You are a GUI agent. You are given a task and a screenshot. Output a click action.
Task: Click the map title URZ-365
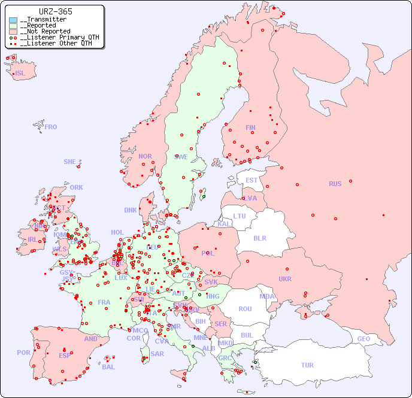55,11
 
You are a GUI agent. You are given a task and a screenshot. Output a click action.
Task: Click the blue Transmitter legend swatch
13,20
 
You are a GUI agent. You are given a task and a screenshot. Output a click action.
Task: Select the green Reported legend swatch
13,26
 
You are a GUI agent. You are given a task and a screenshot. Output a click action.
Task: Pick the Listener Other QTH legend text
56,43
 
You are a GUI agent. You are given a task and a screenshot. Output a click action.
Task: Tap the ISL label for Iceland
20,74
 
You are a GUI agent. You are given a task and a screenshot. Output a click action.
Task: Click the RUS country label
335,184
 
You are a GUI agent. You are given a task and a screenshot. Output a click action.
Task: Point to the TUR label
307,365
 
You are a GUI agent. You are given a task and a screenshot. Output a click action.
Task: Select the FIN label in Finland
250,127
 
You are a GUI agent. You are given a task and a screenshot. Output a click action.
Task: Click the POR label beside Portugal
23,353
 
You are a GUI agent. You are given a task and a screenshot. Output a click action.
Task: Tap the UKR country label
285,279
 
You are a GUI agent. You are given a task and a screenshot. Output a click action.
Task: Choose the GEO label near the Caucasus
363,339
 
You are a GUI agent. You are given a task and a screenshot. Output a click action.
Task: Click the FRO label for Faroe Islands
50,127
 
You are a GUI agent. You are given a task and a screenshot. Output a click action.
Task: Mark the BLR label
259,238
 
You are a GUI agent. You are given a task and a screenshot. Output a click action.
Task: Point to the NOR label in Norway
145,156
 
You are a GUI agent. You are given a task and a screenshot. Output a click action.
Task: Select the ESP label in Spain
65,356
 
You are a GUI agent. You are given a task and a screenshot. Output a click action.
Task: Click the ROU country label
245,309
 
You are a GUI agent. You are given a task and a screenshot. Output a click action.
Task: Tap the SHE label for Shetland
70,162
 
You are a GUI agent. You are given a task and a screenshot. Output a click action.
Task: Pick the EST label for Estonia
252,180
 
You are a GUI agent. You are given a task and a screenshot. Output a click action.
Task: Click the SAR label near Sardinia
157,354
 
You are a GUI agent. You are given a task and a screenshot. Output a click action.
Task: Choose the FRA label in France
104,302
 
